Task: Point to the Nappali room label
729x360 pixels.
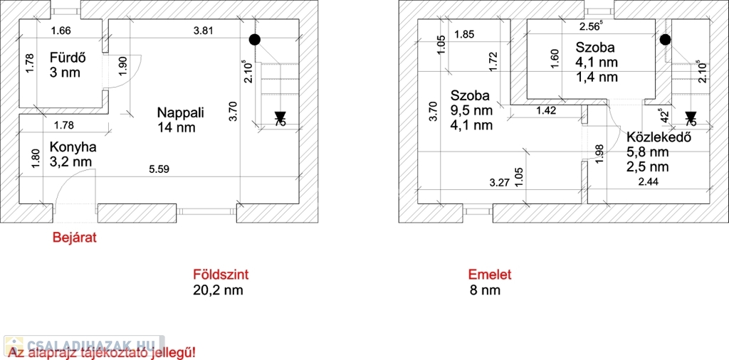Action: pyautogui.click(x=181, y=112)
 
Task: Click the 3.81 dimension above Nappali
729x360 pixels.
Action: pyautogui.click(x=204, y=31)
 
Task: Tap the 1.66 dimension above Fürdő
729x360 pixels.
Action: pyautogui.click(x=61, y=31)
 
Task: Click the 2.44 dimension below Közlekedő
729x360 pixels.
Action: pyautogui.click(x=648, y=183)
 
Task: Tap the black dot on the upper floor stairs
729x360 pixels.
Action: pyautogui.click(x=665, y=40)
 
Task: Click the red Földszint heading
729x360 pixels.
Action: pyautogui.click(x=221, y=275)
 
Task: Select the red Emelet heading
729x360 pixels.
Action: pyautogui.click(x=490, y=275)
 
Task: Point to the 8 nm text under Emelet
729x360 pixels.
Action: pyautogui.click(x=485, y=290)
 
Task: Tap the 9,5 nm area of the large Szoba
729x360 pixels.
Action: pyautogui.click(x=471, y=110)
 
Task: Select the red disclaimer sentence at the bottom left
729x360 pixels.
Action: pyautogui.click(x=101, y=352)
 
